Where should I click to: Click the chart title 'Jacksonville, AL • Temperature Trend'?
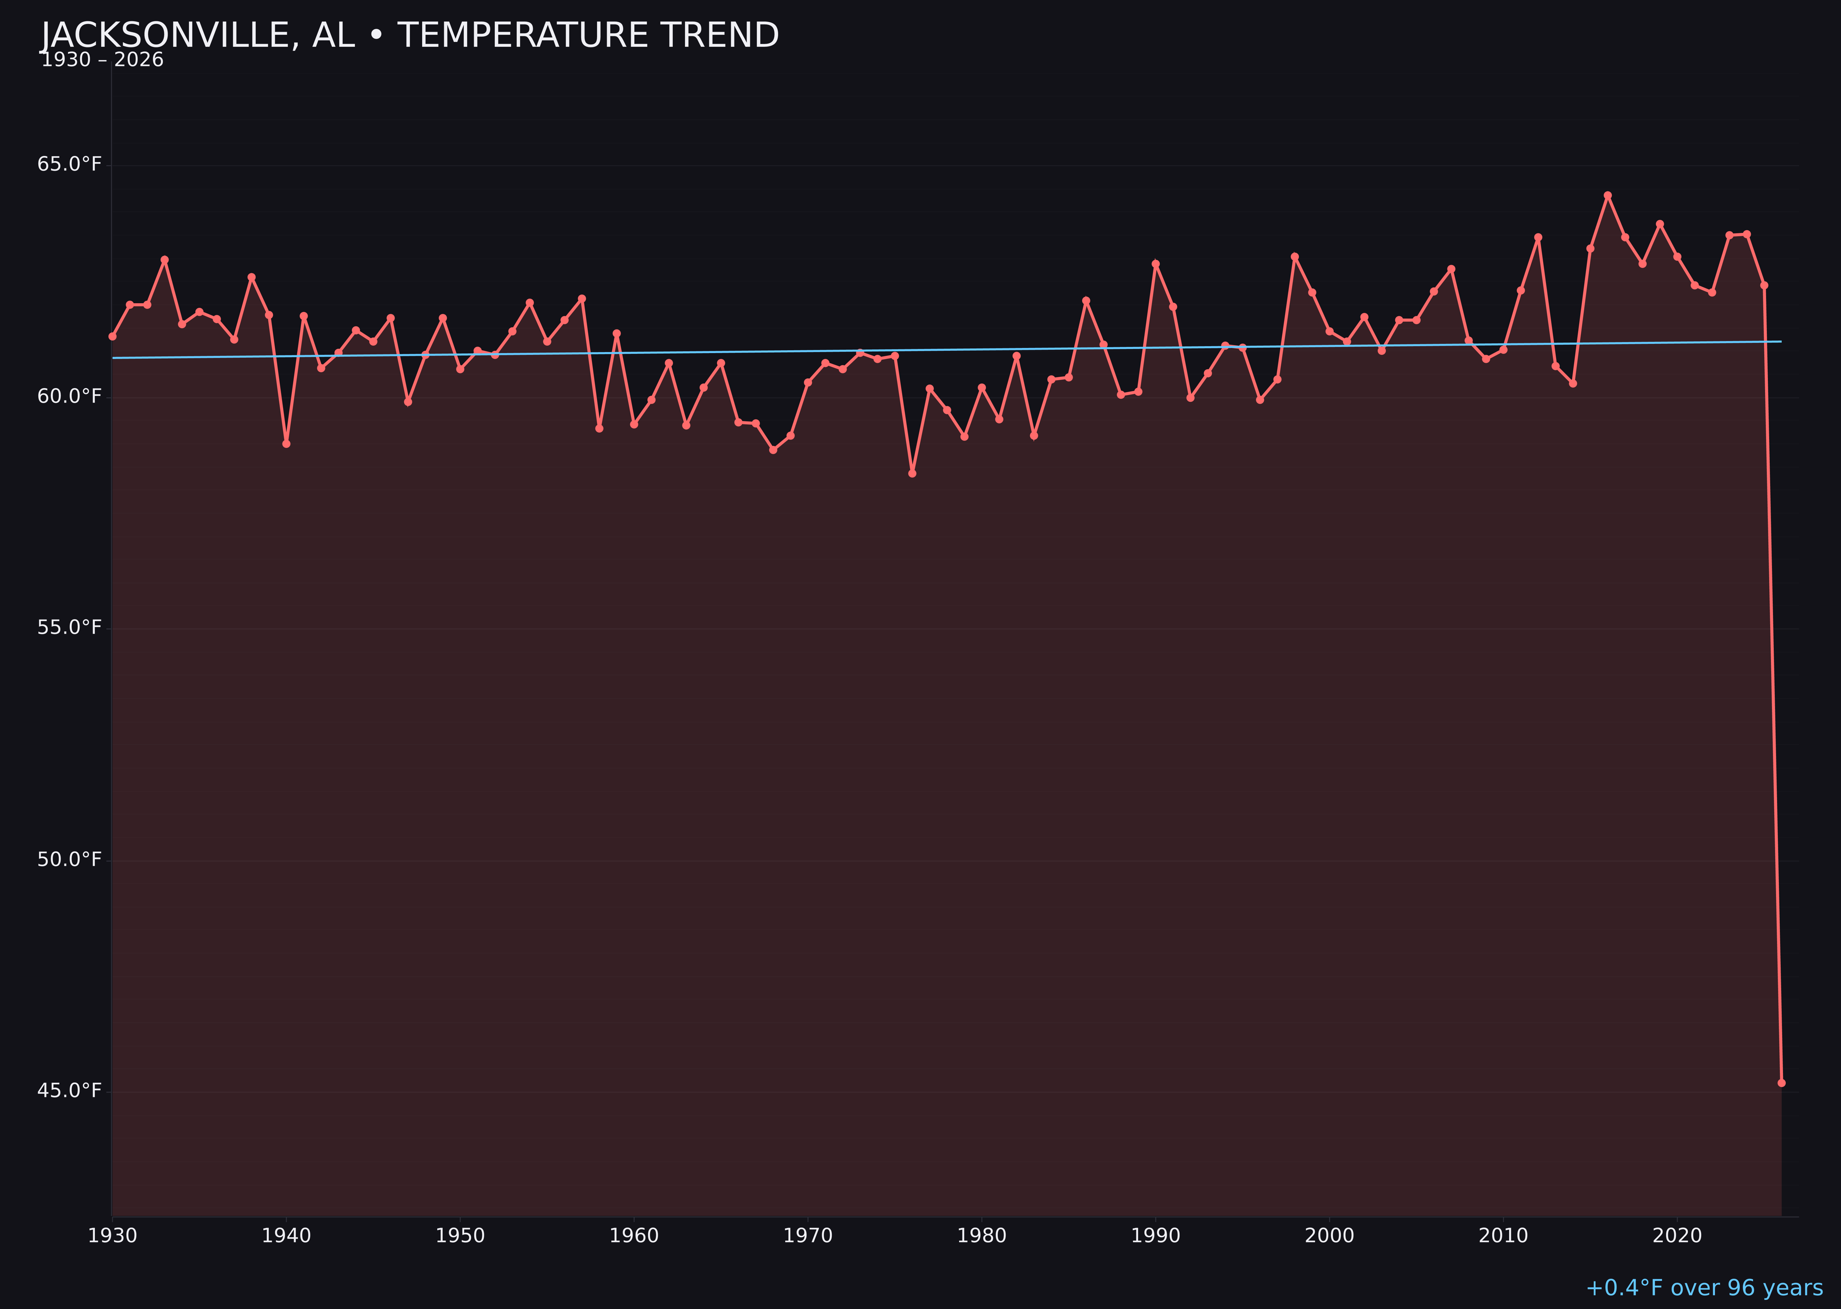pyautogui.click(x=410, y=35)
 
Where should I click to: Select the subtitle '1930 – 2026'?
pyautogui.click(x=102, y=60)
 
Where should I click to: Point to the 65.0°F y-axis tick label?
pyautogui.click(x=69, y=164)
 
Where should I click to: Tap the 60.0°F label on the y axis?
pyautogui.click(x=69, y=397)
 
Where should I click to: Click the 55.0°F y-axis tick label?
pyautogui.click(x=69, y=628)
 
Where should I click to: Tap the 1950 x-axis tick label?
pyautogui.click(x=460, y=1236)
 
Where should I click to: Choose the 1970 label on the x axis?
pyautogui.click(x=808, y=1236)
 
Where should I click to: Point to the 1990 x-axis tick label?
pyautogui.click(x=1155, y=1236)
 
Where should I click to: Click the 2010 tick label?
pyautogui.click(x=1503, y=1236)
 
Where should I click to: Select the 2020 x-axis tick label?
pyautogui.click(x=1677, y=1236)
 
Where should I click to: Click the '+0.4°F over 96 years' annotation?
pyautogui.click(x=1704, y=1288)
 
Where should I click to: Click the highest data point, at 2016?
pyautogui.click(x=1607, y=195)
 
